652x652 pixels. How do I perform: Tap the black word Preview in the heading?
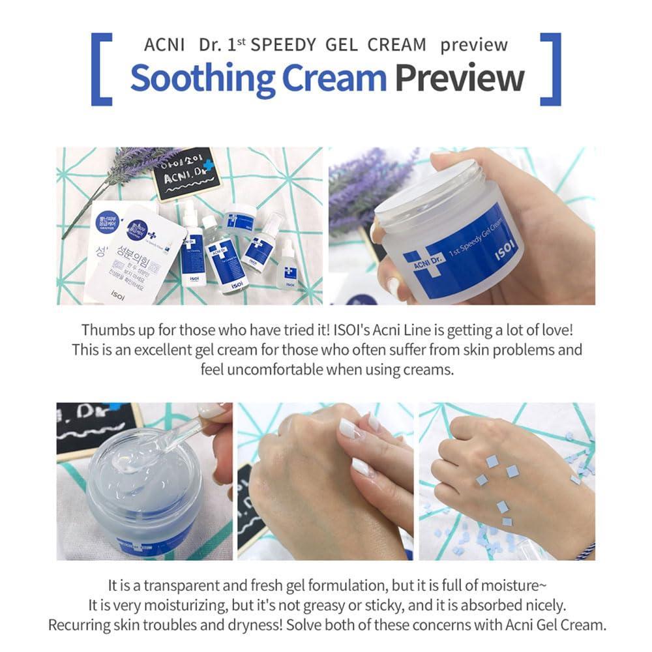[x=459, y=78]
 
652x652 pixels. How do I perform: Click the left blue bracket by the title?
[x=100, y=69]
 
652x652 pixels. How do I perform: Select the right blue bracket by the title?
[x=551, y=69]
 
